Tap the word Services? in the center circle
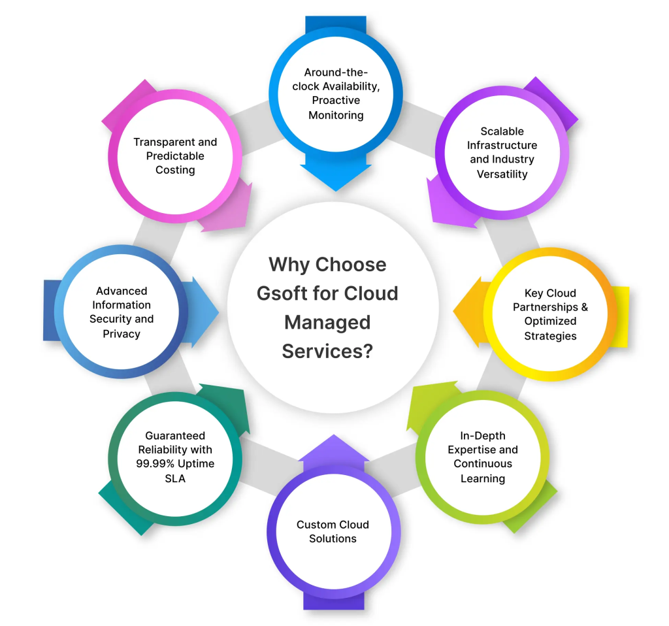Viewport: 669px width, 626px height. point(327,351)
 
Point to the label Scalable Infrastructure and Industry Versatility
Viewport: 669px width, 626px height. point(502,152)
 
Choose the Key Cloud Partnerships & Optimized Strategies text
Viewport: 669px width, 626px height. point(550,314)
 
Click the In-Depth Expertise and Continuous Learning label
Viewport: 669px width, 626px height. point(482,457)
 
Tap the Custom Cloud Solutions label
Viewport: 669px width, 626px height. point(333,531)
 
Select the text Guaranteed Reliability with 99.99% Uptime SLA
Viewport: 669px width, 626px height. point(175,456)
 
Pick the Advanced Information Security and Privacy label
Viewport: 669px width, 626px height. point(122,312)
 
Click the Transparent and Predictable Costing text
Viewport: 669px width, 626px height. point(175,156)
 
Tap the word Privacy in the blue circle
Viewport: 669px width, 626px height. point(122,334)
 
